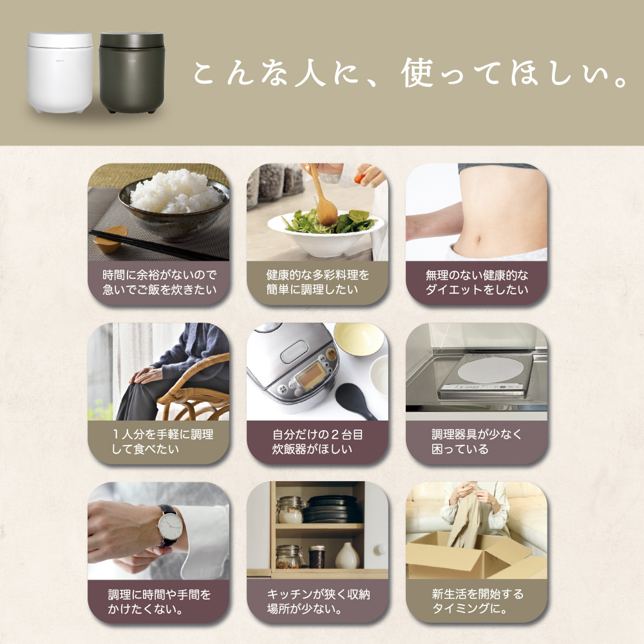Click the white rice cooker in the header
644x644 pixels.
(x=60, y=73)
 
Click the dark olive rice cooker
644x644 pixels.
(x=132, y=73)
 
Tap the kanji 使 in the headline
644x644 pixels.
(x=417, y=73)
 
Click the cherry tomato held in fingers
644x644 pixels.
(x=359, y=179)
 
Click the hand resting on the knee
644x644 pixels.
(x=144, y=374)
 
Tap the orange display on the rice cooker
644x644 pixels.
(x=311, y=375)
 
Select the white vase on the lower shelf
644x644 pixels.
(x=347, y=556)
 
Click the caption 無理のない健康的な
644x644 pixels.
(x=477, y=275)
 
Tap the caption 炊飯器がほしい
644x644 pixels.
(x=312, y=449)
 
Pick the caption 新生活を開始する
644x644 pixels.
(x=477, y=594)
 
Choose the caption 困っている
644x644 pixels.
(x=460, y=449)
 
